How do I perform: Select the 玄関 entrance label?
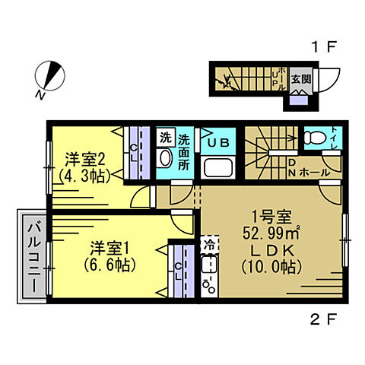click(x=302, y=79)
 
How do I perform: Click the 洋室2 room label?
click(x=84, y=159)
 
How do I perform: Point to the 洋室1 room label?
click(x=108, y=248)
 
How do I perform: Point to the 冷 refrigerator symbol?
click(x=208, y=245)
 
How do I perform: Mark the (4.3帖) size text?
click(x=84, y=175)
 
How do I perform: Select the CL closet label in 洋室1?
click(x=179, y=271)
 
